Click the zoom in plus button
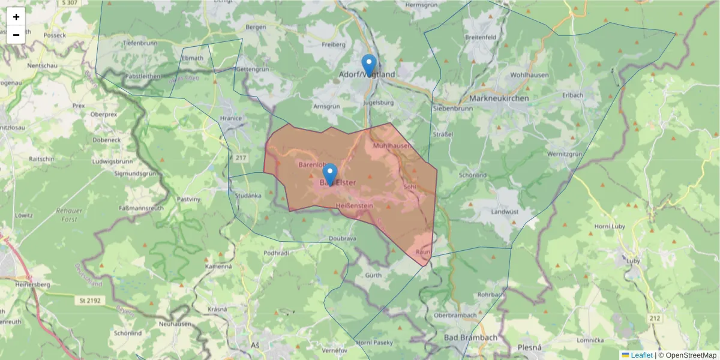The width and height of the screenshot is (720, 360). [x=16, y=17]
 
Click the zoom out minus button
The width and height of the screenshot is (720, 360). [x=16, y=35]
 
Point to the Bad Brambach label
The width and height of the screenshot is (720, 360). [x=470, y=338]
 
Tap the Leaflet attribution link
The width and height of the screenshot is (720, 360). [x=641, y=355]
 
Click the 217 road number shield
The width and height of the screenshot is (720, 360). [x=241, y=158]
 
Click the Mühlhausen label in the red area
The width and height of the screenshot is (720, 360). [x=392, y=146]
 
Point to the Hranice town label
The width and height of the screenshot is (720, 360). [x=231, y=118]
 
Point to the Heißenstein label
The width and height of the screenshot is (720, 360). [x=355, y=206]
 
